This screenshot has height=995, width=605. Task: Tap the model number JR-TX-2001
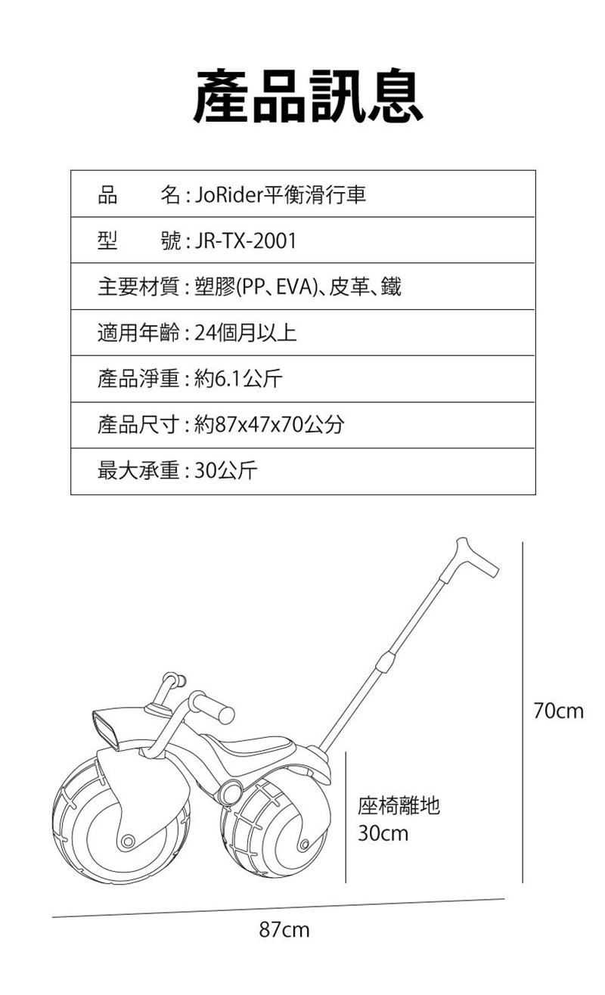pos(245,241)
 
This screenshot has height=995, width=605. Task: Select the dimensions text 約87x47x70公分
pos(268,426)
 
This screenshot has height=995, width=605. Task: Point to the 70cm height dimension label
pos(558,711)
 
